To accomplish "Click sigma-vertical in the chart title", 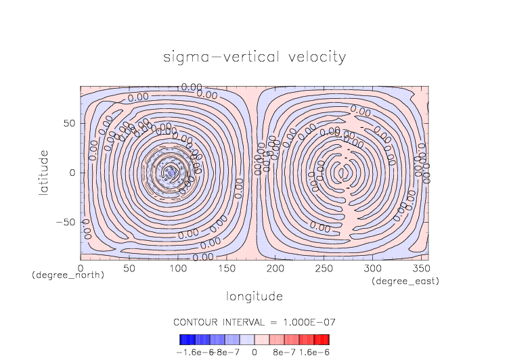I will pyautogui.click(x=215, y=57).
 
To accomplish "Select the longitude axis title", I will pyautogui.click(x=255, y=296).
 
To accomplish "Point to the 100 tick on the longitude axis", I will pyautogui.click(x=177, y=269).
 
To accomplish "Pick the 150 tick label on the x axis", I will pyautogui.click(x=226, y=269).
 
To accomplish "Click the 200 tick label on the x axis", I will pyautogui.click(x=274, y=269).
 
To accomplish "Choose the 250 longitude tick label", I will pyautogui.click(x=323, y=269).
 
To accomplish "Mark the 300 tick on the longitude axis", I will pyautogui.click(x=371, y=269).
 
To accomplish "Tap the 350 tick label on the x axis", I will pyautogui.click(x=420, y=269).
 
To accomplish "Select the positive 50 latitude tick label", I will pyautogui.click(x=69, y=124).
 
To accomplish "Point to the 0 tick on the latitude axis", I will pyautogui.click(x=72, y=173).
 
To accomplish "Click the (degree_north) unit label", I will pyautogui.click(x=68, y=275).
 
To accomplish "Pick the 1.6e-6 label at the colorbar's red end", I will pyautogui.click(x=314, y=352).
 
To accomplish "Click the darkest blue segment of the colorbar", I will pyautogui.click(x=183, y=340).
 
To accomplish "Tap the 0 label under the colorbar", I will pyautogui.click(x=255, y=352).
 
